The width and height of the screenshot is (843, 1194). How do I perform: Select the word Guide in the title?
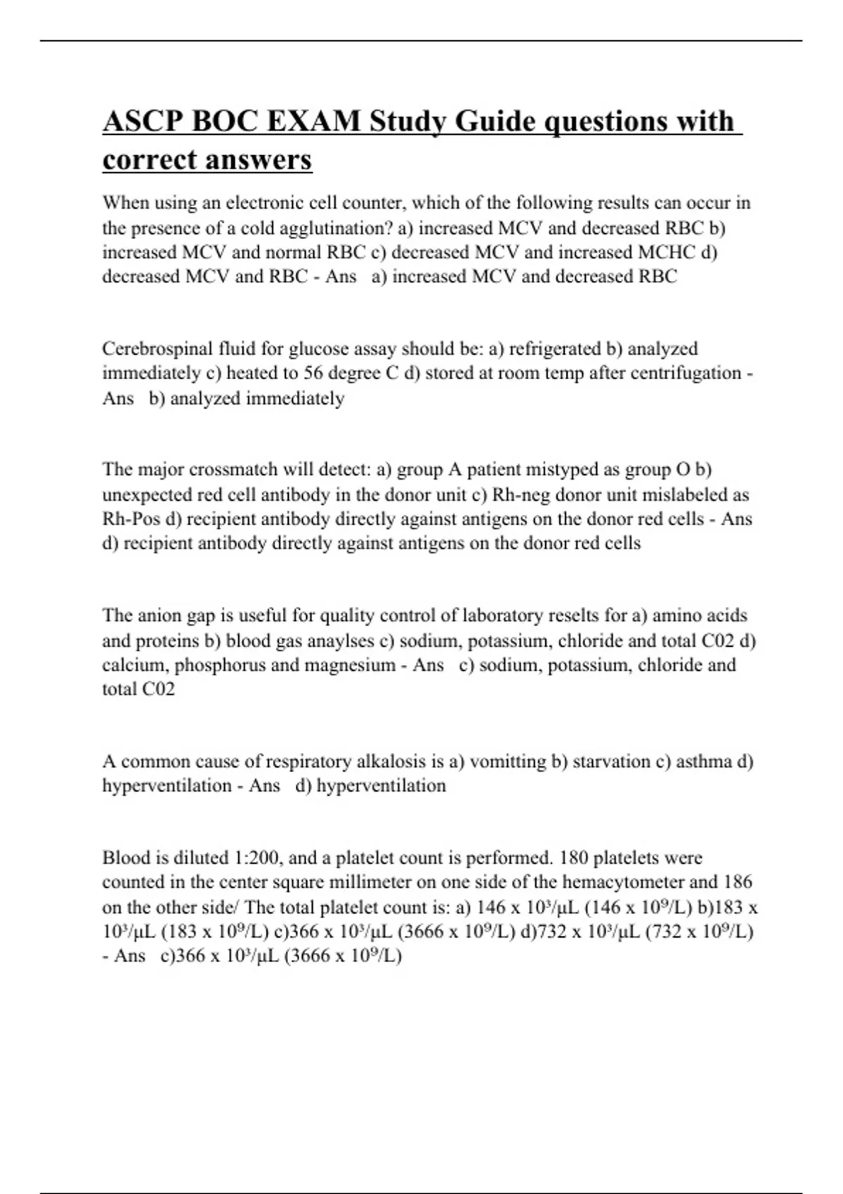tap(495, 122)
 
